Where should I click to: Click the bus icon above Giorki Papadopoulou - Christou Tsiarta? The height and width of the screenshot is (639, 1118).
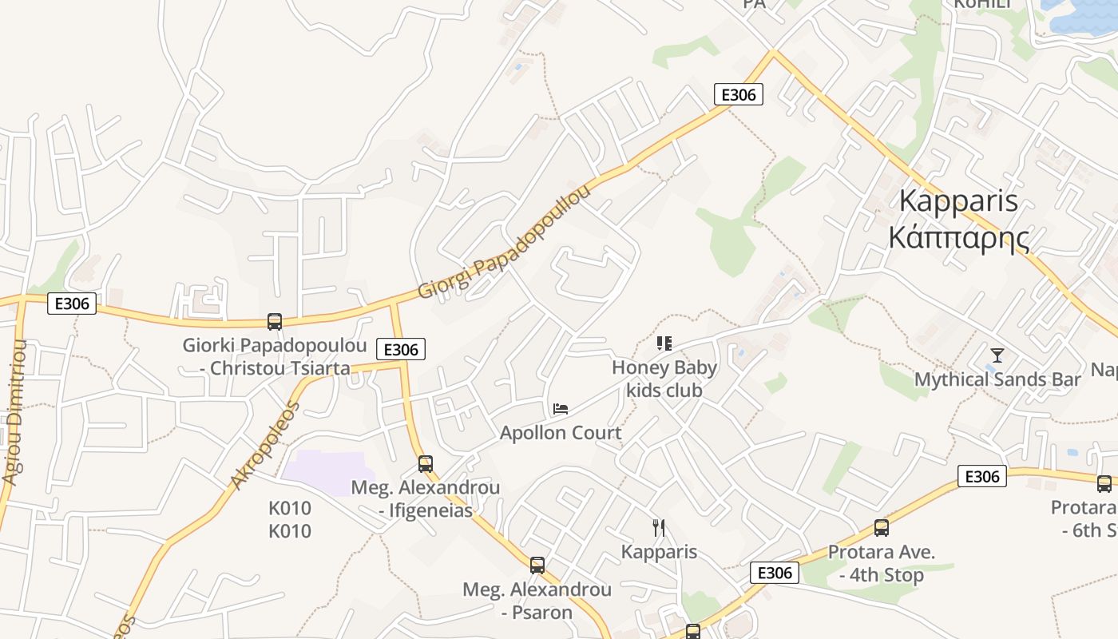pos(275,322)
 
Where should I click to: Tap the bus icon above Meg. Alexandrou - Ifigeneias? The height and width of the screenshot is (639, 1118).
pos(426,463)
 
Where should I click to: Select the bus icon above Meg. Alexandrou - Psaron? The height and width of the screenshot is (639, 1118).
pos(537,566)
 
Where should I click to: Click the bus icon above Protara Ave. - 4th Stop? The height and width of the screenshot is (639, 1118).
pos(882,527)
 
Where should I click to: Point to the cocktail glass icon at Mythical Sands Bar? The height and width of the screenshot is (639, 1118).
pos(997,355)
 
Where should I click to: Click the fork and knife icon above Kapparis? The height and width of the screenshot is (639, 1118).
pos(659,527)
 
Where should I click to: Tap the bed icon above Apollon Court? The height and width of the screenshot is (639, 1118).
pos(561,409)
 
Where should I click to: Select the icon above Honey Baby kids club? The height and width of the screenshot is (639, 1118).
pos(664,343)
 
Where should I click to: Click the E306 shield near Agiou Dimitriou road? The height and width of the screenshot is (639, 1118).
pos(72,304)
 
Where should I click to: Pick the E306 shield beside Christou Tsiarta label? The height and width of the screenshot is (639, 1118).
pos(400,349)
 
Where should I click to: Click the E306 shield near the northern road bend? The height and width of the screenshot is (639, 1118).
pos(738,95)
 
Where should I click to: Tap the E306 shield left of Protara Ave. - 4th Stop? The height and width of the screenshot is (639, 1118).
pos(774,573)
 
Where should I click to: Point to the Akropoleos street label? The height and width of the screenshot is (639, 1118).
pos(264,445)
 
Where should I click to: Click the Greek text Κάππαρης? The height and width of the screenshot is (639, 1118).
pos(958,237)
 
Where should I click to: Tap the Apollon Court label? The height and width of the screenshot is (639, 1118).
pos(561,433)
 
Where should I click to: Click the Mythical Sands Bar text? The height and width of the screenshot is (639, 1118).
pos(997,379)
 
